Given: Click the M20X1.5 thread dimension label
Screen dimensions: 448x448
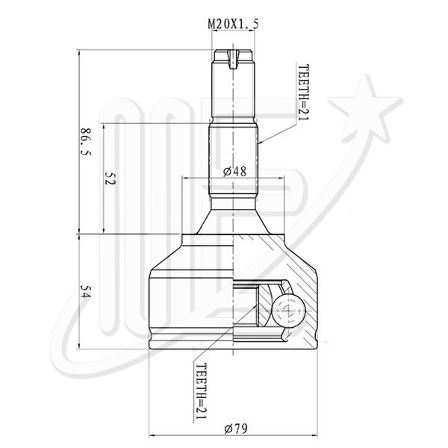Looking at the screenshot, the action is (x=233, y=25).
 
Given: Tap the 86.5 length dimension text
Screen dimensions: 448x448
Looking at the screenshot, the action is (x=85, y=141).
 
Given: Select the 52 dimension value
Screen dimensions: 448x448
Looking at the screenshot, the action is (x=111, y=178).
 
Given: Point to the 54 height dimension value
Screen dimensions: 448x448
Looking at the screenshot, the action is (x=85, y=291).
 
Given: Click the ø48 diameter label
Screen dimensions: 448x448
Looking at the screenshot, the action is (x=234, y=172).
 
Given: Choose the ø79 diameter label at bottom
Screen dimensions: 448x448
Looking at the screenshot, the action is (x=236, y=429).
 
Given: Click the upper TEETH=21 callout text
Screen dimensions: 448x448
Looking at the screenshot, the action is (x=303, y=93).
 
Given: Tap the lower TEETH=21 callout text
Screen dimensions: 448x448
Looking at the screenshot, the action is (x=201, y=391).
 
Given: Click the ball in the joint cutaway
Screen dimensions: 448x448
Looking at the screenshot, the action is (x=288, y=311).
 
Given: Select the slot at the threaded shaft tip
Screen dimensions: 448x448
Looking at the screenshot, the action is (x=233, y=60).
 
